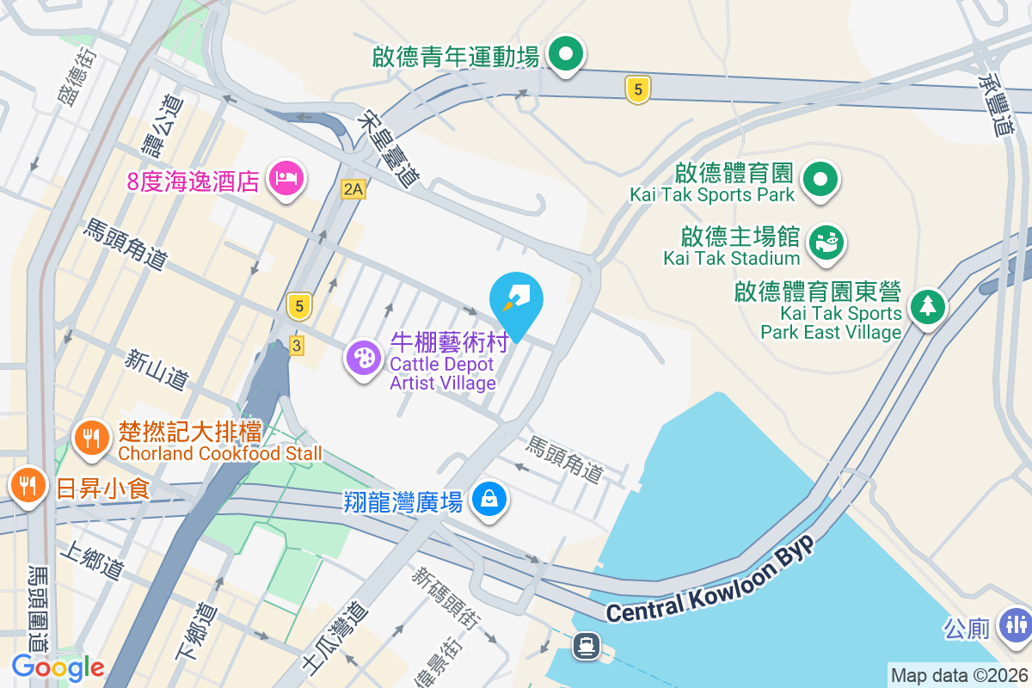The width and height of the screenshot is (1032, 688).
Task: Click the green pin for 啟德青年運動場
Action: (565, 56)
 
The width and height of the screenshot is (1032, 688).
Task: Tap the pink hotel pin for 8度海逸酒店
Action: (286, 179)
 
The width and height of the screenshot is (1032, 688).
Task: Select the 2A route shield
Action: (353, 189)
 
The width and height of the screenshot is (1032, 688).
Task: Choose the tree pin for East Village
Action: (927, 305)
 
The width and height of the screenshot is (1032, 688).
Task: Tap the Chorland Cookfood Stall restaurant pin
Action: (90, 439)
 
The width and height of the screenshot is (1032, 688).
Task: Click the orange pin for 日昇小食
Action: (28, 486)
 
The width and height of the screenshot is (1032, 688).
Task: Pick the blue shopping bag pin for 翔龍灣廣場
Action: (489, 499)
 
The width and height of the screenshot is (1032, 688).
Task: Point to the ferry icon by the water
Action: (587, 644)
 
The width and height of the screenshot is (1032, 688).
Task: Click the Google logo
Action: (58, 667)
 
